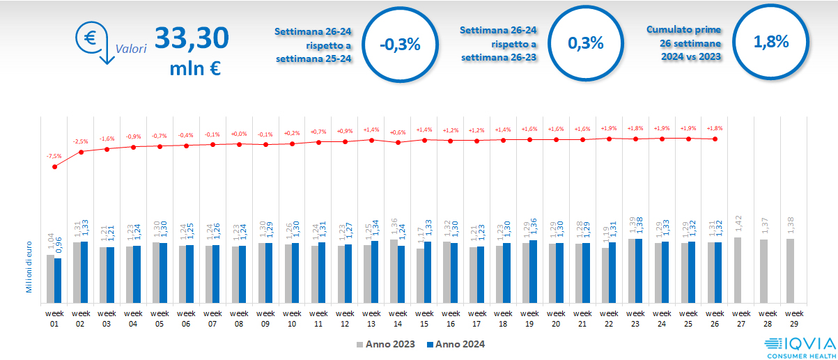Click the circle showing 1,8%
coord(770,42)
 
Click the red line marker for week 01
coord(55,167)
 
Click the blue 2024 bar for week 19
coord(534,270)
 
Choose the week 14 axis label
coord(398,318)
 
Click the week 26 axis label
coord(715,318)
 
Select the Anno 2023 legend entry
coord(386,344)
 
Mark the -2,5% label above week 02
coord(82,142)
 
